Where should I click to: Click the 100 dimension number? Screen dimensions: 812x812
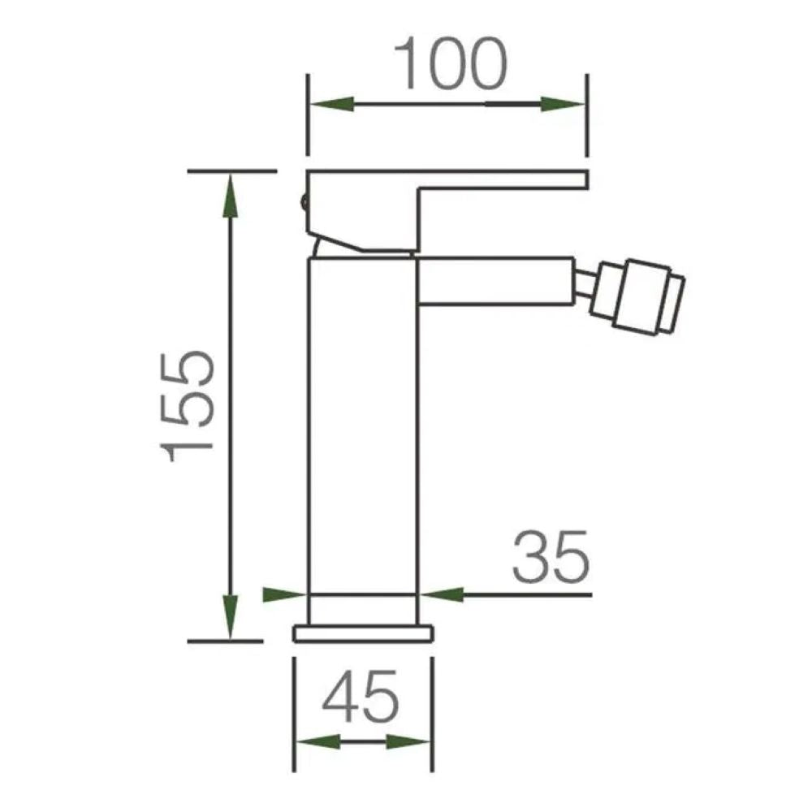tap(450, 63)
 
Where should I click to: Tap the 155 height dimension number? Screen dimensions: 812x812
tap(187, 407)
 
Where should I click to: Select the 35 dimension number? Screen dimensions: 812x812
tap(551, 556)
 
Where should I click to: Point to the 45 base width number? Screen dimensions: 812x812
tap(361, 697)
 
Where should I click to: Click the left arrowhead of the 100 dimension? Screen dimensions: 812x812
tap(331, 104)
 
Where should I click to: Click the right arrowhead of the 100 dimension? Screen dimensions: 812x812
tap(563, 104)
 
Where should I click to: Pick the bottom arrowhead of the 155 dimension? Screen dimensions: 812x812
tap(231, 616)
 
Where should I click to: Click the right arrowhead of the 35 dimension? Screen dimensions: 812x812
tap(441, 595)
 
